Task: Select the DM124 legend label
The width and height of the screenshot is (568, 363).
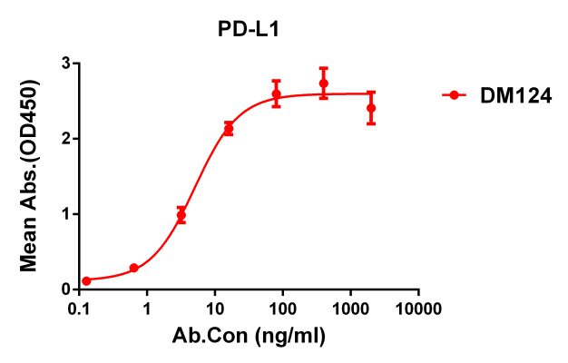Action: tap(515, 95)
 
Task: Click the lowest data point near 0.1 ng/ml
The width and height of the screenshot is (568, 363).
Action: tap(86, 281)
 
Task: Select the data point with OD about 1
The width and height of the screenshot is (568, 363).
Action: tap(181, 215)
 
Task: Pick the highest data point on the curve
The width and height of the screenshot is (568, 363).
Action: tap(323, 83)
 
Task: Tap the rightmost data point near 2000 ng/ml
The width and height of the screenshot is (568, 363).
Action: tap(370, 108)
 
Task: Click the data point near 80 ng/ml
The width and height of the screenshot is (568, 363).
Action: tap(276, 93)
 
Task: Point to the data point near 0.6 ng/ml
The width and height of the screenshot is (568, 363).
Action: tap(133, 268)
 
